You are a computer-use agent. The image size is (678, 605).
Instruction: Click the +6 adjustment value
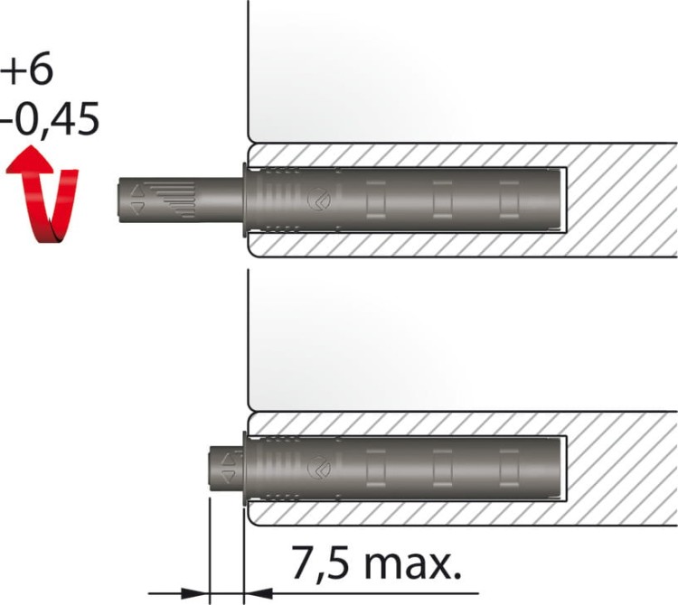[x=27, y=69]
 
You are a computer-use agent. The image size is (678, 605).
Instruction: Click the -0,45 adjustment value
[x=50, y=119]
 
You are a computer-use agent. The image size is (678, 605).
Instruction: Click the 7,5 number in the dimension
[x=320, y=563]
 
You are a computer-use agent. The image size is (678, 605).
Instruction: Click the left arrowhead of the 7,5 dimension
[x=194, y=593]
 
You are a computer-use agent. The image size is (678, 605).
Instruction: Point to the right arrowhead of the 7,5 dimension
[x=259, y=593]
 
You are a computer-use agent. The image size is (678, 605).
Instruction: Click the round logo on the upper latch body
[x=319, y=200]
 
